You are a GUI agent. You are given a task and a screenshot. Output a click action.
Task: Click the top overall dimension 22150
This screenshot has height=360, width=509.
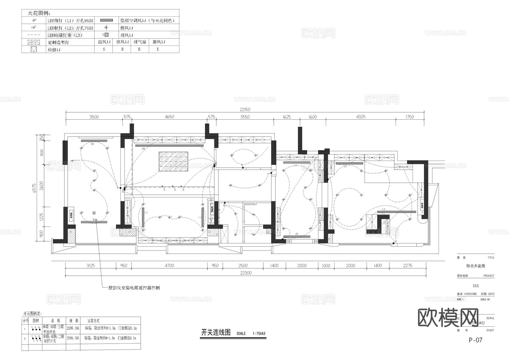tap(245, 109)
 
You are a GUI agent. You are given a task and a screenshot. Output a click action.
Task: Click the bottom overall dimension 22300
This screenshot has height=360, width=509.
tap(246, 273)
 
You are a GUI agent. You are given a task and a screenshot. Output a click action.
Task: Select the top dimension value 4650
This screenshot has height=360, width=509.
tap(169, 117)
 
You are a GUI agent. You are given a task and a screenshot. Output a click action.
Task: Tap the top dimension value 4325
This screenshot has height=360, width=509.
tap(361, 117)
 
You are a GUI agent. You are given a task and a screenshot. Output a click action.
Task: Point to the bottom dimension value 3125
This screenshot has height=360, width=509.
tap(91, 266)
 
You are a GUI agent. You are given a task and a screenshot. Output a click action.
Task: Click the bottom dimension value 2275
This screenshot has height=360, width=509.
tap(407, 266)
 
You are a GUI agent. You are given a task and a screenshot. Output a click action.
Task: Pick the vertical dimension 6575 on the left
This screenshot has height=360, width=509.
tap(34, 188)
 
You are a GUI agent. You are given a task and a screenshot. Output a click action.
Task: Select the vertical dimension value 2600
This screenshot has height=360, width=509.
tap(42, 186)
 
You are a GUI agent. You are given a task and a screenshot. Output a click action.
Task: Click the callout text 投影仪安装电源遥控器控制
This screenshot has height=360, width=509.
tap(134, 288)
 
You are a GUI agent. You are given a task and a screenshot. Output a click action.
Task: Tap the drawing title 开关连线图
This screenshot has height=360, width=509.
tap(216, 333)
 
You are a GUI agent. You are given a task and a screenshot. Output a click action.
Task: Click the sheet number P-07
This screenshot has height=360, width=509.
tap(475, 340)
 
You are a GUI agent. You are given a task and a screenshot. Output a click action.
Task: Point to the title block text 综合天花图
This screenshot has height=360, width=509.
tap(476, 266)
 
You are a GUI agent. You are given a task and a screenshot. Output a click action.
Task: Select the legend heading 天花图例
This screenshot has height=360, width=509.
tap(39, 13)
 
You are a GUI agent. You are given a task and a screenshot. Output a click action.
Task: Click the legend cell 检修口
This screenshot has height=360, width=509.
tap(54, 50)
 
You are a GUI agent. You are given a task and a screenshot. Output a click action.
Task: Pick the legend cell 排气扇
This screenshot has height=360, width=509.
tap(140, 42)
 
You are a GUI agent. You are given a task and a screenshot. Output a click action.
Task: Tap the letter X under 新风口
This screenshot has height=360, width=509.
tap(158, 49)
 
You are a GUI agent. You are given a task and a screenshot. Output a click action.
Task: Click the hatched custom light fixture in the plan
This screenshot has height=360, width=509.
tap(173, 161)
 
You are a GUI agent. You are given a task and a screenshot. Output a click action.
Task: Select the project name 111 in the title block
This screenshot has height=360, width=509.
tap(476, 286)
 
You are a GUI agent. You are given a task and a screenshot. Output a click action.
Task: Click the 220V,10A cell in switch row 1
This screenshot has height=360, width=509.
tap(73, 328)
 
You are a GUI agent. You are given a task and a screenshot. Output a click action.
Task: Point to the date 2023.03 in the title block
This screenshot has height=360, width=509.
tap(485, 299)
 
